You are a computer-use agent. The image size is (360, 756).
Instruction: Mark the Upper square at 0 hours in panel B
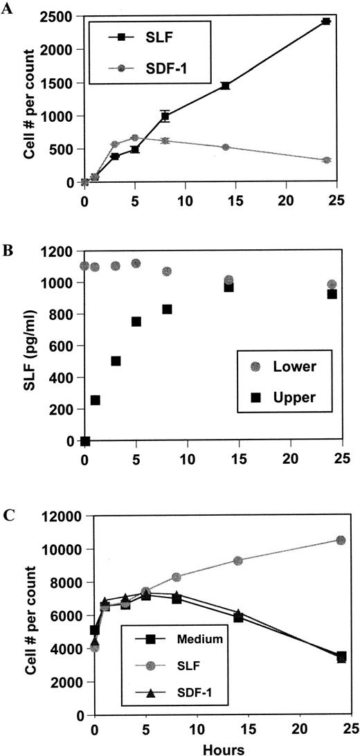point(85,441)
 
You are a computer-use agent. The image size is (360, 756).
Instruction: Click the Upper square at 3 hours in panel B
point(116,361)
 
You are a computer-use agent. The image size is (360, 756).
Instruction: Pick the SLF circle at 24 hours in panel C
point(341,540)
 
